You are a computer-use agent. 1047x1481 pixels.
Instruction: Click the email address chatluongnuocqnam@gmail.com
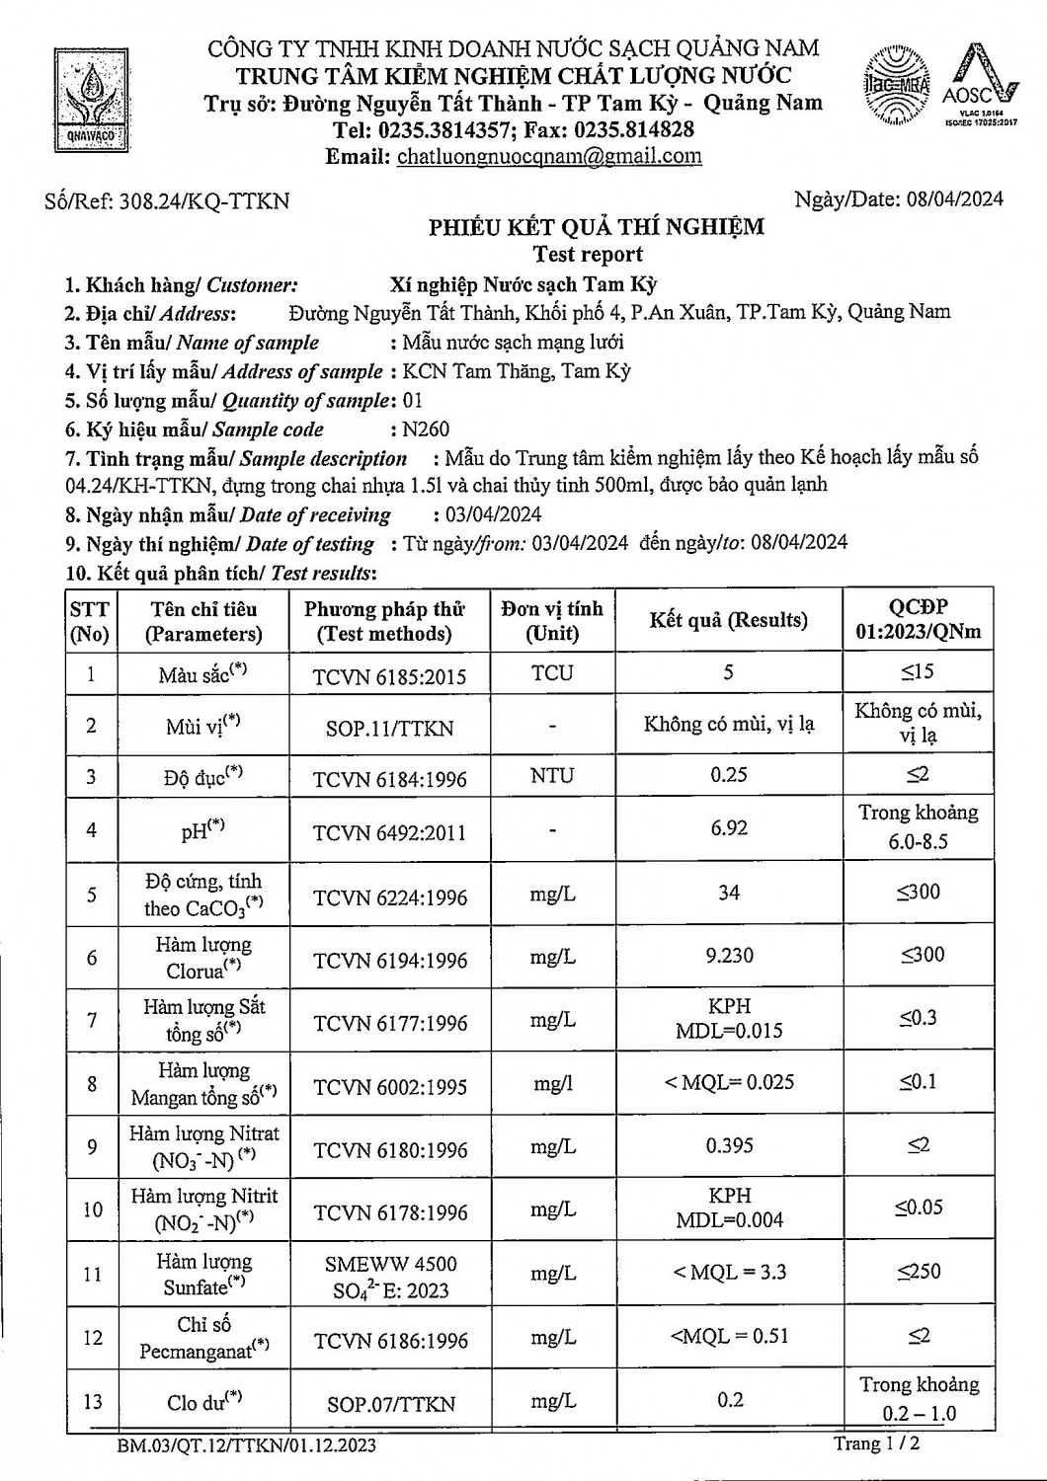pyautogui.click(x=549, y=156)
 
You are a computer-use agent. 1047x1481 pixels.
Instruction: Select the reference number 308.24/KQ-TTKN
pyautogui.click(x=204, y=201)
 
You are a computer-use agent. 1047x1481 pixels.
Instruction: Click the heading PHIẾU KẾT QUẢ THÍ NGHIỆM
pyautogui.click(x=596, y=227)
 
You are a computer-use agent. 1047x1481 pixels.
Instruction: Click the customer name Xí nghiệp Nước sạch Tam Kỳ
pyautogui.click(x=523, y=285)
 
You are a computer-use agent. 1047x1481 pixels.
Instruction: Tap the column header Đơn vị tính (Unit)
pyautogui.click(x=552, y=621)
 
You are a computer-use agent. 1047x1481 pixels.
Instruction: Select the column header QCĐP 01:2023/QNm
pyautogui.click(x=918, y=620)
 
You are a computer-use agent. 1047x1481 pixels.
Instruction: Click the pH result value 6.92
pyautogui.click(x=729, y=827)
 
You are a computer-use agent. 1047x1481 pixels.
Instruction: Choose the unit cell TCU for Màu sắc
pyautogui.click(x=552, y=673)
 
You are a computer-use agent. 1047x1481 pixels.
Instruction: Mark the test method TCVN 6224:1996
pyautogui.click(x=389, y=897)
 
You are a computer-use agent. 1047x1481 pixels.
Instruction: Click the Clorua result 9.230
pyautogui.click(x=729, y=955)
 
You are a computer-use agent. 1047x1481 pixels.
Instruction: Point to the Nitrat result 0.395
pyautogui.click(x=729, y=1145)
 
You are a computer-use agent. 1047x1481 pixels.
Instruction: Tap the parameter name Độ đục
pyautogui.click(x=203, y=777)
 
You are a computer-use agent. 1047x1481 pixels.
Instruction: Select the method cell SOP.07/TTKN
pyautogui.click(x=389, y=1403)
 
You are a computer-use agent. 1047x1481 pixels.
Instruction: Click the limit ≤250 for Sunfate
pyautogui.click(x=919, y=1272)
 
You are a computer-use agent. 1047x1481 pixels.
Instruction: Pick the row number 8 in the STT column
pyautogui.click(x=92, y=1084)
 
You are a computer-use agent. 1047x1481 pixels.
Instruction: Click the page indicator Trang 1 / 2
pyautogui.click(x=876, y=1443)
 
